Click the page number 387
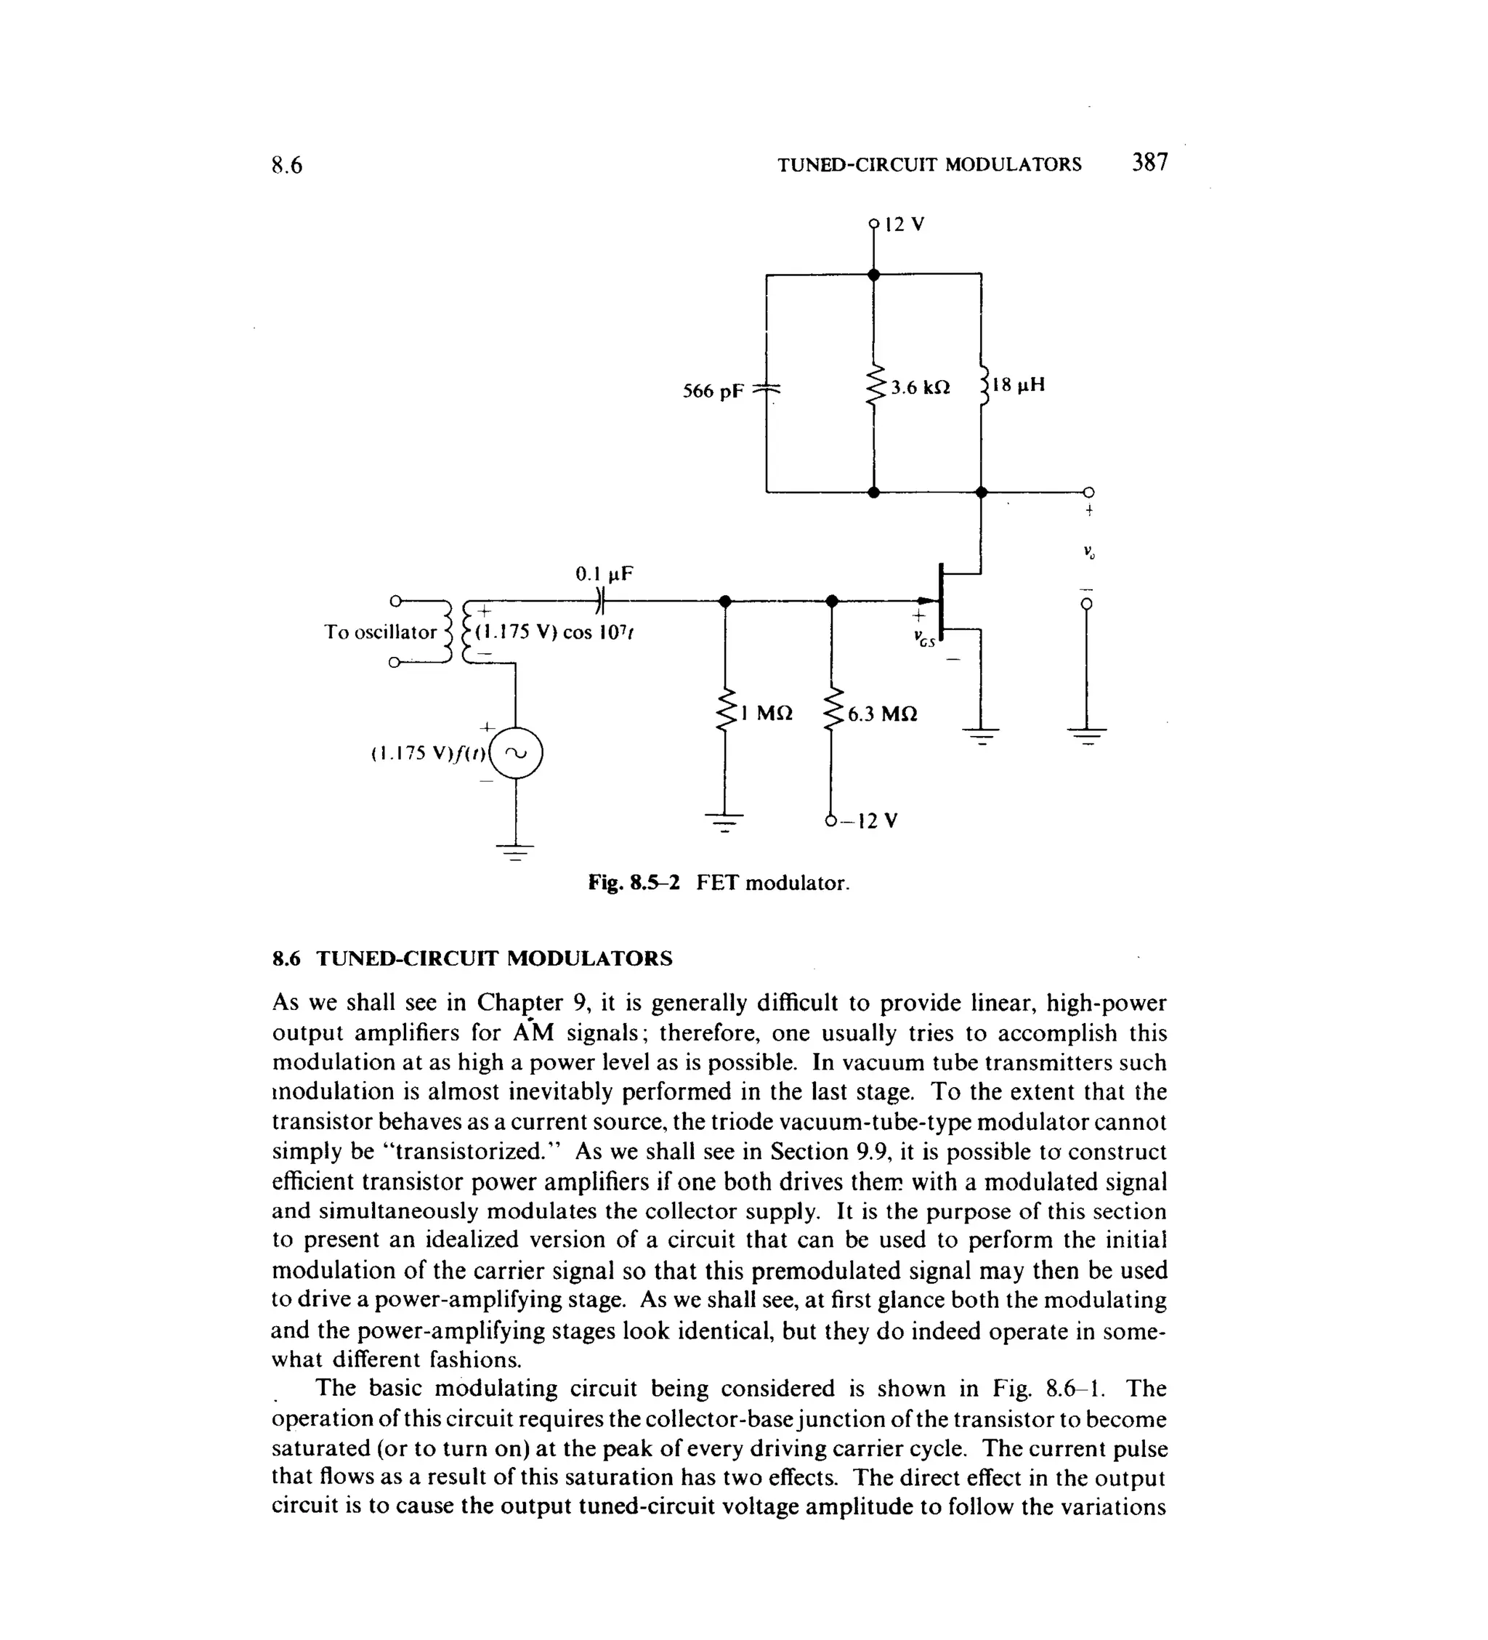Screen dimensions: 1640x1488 point(1149,163)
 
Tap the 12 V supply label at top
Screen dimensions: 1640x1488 point(904,225)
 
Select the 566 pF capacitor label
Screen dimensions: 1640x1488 point(713,392)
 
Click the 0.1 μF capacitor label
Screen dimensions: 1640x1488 point(604,574)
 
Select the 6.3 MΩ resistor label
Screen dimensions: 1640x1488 point(882,714)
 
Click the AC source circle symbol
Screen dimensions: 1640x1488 point(516,753)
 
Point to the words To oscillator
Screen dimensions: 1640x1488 point(380,632)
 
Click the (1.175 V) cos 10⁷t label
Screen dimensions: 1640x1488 point(553,632)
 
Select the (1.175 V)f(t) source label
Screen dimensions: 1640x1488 point(428,754)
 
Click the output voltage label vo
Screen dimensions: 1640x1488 point(1089,553)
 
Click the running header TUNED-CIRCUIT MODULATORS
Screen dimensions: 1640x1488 point(929,165)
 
